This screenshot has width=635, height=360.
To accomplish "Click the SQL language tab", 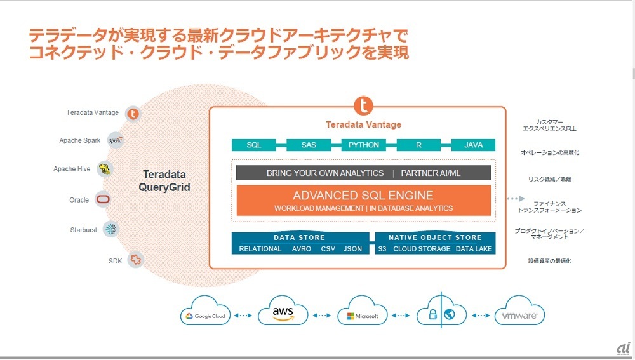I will pyautogui.click(x=254, y=145).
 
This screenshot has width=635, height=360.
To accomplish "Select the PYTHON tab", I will pyautogui.click(x=364, y=145).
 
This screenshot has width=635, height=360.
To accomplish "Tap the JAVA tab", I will pyautogui.click(x=473, y=145).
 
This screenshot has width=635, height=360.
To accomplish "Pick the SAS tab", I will pyautogui.click(x=309, y=145).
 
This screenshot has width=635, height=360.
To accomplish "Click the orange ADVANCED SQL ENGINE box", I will pyautogui.click(x=363, y=200).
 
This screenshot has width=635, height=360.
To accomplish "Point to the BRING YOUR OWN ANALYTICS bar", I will pyautogui.click(x=325, y=173).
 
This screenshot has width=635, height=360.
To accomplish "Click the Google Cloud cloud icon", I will pyautogui.click(x=205, y=314).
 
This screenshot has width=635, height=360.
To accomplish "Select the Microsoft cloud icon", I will pyautogui.click(x=359, y=314).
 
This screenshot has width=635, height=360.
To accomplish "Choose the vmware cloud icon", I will pyautogui.click(x=519, y=314).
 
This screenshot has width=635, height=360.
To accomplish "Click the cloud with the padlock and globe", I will pyautogui.click(x=440, y=314).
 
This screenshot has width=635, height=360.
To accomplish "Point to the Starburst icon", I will pyautogui.click(x=111, y=230).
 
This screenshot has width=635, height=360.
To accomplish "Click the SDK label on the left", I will pyautogui.click(x=116, y=260).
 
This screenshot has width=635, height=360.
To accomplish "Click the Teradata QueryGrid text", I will pyautogui.click(x=164, y=180).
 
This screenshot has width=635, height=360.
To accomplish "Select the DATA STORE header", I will pyautogui.click(x=299, y=237).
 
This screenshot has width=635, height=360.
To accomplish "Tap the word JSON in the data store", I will pyautogui.click(x=352, y=249).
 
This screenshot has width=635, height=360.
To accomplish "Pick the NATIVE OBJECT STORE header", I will pyautogui.click(x=435, y=237).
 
